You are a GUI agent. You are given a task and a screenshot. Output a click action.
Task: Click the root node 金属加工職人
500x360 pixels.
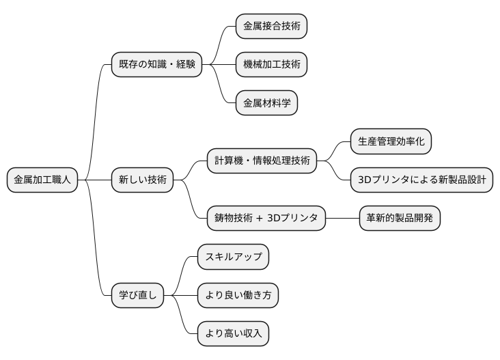coord(42,180)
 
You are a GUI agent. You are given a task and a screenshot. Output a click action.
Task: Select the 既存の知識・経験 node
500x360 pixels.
coord(157,65)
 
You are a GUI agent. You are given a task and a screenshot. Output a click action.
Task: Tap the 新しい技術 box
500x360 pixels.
coord(142,180)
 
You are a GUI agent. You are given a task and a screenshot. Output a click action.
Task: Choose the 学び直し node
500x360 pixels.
coord(138,295)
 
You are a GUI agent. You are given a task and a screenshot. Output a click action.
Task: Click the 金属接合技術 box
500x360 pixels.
coord(271,27)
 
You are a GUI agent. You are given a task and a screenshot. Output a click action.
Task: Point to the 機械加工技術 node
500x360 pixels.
coord(271,65)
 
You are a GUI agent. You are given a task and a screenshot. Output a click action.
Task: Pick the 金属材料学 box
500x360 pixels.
coord(266,103)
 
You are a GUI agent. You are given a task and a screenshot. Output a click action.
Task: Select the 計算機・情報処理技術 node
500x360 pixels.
coord(262,161)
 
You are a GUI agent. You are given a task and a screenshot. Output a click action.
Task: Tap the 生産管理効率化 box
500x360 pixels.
coord(391,142)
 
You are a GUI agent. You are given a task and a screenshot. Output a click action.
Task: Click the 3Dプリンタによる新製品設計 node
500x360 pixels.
coord(421,180)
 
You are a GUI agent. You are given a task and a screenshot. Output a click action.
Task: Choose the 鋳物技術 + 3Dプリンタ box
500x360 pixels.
coord(266,219)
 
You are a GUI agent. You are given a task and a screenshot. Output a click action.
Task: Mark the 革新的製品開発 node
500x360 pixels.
coord(400,219)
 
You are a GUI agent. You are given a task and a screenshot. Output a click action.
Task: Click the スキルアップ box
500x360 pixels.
coord(233,257)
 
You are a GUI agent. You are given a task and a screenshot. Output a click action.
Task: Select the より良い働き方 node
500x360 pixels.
coord(238,295)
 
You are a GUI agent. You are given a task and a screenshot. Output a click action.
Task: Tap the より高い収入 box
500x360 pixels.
coord(233,333)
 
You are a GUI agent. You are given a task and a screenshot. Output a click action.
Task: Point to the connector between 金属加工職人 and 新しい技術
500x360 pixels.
coord(95,180)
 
